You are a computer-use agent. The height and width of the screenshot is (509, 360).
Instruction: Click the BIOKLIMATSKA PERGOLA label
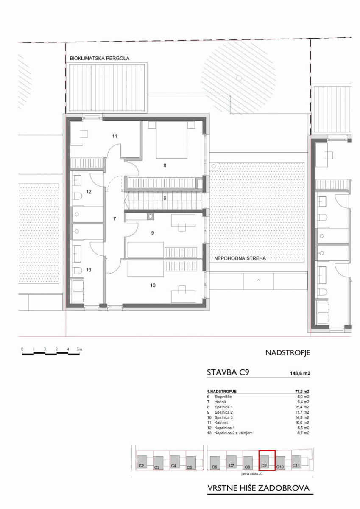click(x=100, y=59)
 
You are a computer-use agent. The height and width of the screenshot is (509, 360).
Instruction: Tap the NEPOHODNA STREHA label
click(x=240, y=259)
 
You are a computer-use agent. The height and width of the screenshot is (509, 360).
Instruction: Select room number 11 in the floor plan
click(x=115, y=136)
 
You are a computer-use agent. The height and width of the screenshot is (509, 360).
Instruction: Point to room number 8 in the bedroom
click(x=165, y=165)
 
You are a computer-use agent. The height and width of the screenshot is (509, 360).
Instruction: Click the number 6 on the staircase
click(x=165, y=198)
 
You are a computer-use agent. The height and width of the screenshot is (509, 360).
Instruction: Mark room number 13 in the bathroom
click(x=89, y=270)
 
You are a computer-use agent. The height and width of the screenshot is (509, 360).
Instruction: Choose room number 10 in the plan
click(x=153, y=285)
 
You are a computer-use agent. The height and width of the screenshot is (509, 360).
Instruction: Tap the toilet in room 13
click(x=78, y=271)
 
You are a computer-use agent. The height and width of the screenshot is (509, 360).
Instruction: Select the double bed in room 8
click(x=171, y=140)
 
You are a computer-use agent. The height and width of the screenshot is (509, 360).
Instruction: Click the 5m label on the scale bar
click(x=79, y=349)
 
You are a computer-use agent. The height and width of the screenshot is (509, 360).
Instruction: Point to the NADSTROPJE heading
click(x=288, y=353)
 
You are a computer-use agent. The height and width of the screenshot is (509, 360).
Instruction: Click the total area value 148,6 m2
click(x=300, y=373)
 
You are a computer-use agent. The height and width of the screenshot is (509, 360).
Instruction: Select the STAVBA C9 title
click(x=228, y=372)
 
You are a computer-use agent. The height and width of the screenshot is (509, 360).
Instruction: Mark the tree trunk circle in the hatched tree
click(x=239, y=78)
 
